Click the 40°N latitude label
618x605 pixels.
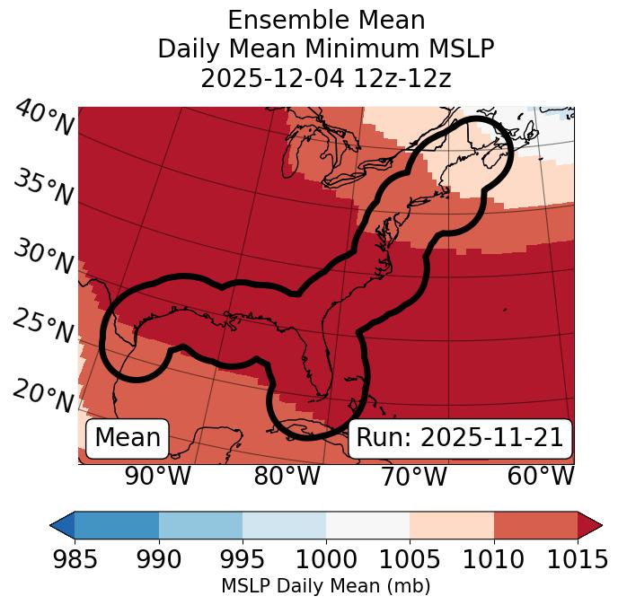point(43,119)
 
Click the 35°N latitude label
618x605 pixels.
point(43,188)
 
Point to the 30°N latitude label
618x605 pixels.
point(43,258)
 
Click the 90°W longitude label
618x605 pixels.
point(158,476)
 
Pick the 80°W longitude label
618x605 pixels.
point(287,476)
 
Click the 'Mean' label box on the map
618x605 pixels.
point(128,438)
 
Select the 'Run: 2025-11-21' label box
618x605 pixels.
point(460,438)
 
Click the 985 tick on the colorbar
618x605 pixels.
point(75,559)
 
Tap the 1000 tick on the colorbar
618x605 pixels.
point(326,559)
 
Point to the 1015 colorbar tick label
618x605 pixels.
point(578,559)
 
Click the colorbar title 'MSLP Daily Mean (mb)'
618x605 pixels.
point(325,587)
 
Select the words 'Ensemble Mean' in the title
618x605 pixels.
point(325,20)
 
